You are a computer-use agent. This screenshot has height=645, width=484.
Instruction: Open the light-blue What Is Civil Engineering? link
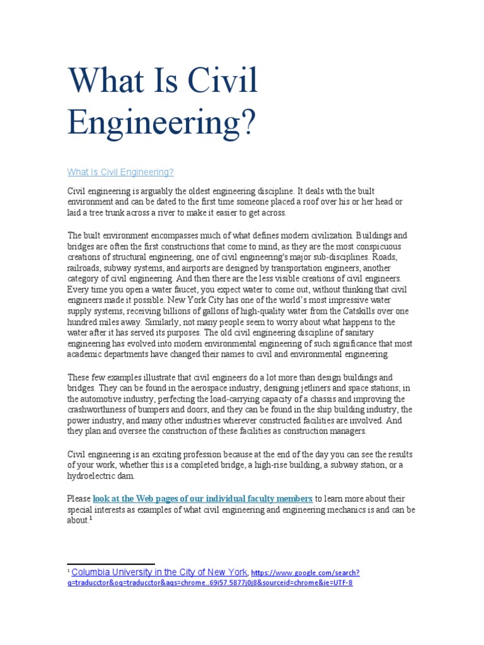[x=120, y=172]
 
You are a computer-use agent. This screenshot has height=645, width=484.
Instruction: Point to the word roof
[x=306, y=202]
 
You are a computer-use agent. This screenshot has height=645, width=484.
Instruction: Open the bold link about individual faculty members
[x=202, y=498]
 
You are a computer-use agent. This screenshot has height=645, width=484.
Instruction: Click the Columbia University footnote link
[x=159, y=573]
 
